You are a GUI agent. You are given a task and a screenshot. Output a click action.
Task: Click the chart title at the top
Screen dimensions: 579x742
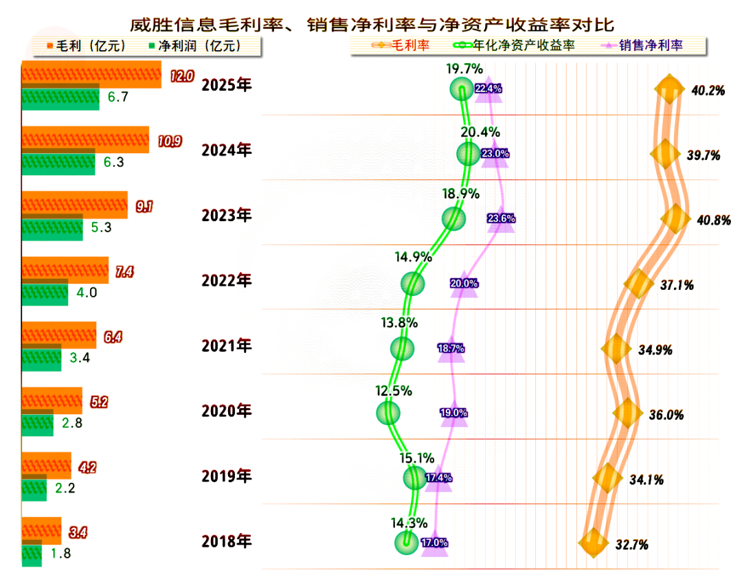coord(372,23)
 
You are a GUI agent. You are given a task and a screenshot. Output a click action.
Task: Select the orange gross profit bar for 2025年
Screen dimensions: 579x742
coord(91,74)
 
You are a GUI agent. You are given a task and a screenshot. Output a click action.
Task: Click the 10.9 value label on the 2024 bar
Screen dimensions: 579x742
coord(169,141)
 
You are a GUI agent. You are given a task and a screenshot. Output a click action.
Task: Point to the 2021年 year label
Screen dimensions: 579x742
coord(226,345)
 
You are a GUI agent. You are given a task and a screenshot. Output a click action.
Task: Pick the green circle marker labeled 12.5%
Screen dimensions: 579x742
coord(388,412)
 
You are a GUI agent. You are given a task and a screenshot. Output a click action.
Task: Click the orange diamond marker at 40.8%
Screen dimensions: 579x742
coord(675,218)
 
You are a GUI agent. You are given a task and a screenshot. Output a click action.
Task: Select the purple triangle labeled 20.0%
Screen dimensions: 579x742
coord(464,283)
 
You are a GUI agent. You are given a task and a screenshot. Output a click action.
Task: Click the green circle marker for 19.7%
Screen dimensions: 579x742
coord(461,89)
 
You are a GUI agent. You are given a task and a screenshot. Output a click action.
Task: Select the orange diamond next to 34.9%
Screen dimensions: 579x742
coord(615,349)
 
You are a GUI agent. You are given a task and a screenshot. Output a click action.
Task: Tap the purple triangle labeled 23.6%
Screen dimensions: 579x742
coord(501,218)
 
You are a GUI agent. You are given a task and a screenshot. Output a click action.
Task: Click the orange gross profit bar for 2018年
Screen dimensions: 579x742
coord(41,530)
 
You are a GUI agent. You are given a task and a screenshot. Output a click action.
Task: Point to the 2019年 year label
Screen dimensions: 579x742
coord(226,475)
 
